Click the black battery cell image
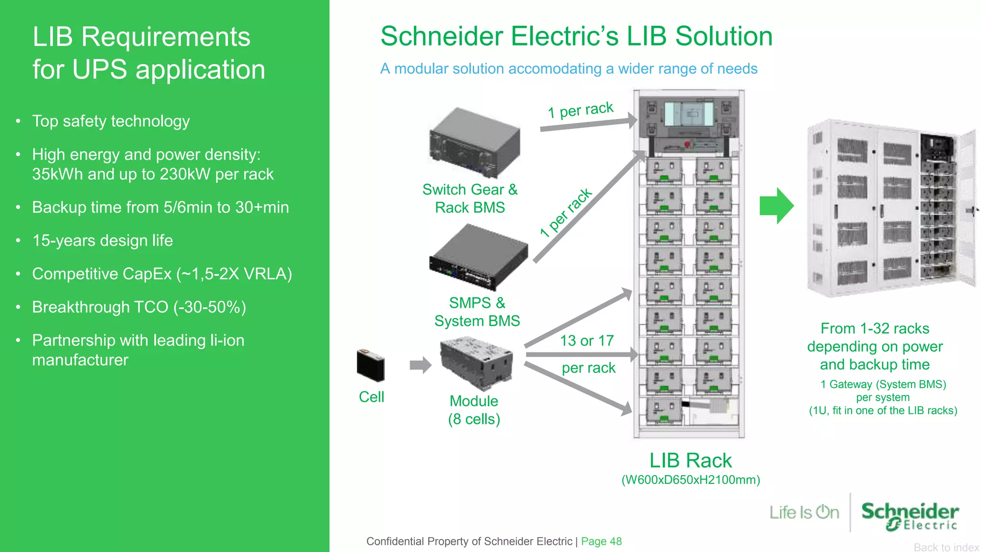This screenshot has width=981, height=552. tap(371, 365)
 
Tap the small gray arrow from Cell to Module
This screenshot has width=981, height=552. tap(420, 365)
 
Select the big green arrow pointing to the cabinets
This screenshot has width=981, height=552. tap(776, 206)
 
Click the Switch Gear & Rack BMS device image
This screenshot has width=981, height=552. tap(475, 142)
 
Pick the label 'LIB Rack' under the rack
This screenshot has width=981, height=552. tap(690, 460)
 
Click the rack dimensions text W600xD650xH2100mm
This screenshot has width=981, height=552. tap(690, 480)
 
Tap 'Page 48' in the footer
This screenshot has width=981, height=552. tap(601, 541)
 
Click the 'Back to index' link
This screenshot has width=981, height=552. tap(946, 547)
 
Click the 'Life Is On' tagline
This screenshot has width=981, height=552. tap(804, 512)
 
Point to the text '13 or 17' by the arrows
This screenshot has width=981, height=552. tap(587, 341)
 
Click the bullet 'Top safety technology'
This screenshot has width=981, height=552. tap(111, 121)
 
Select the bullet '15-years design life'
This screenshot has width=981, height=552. tap(102, 241)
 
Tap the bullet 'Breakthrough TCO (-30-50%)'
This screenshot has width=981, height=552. tap(139, 307)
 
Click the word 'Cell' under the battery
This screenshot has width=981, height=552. tap(371, 397)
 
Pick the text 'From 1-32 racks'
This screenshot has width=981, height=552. tap(875, 329)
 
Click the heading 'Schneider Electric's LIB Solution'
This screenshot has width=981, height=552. tap(576, 36)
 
